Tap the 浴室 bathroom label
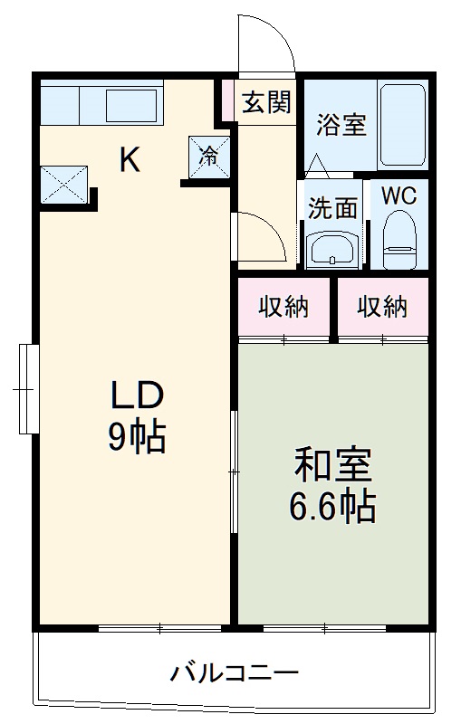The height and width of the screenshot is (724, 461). click(341, 126)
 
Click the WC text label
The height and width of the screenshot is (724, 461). click(398, 195)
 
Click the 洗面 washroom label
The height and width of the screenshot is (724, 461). click(331, 208)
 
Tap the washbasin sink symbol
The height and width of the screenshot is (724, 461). click(331, 248)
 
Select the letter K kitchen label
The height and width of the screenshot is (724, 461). click(130, 160)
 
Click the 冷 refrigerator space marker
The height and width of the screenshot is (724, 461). click(208, 155)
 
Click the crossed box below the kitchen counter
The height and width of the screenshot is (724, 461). click(62, 185)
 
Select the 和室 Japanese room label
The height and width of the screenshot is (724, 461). click(331, 467)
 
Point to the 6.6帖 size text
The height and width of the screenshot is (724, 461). click(331, 509)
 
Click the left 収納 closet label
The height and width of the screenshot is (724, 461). click(284, 308)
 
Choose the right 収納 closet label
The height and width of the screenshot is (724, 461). click(381, 308)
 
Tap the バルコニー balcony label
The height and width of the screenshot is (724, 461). click(235, 673)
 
